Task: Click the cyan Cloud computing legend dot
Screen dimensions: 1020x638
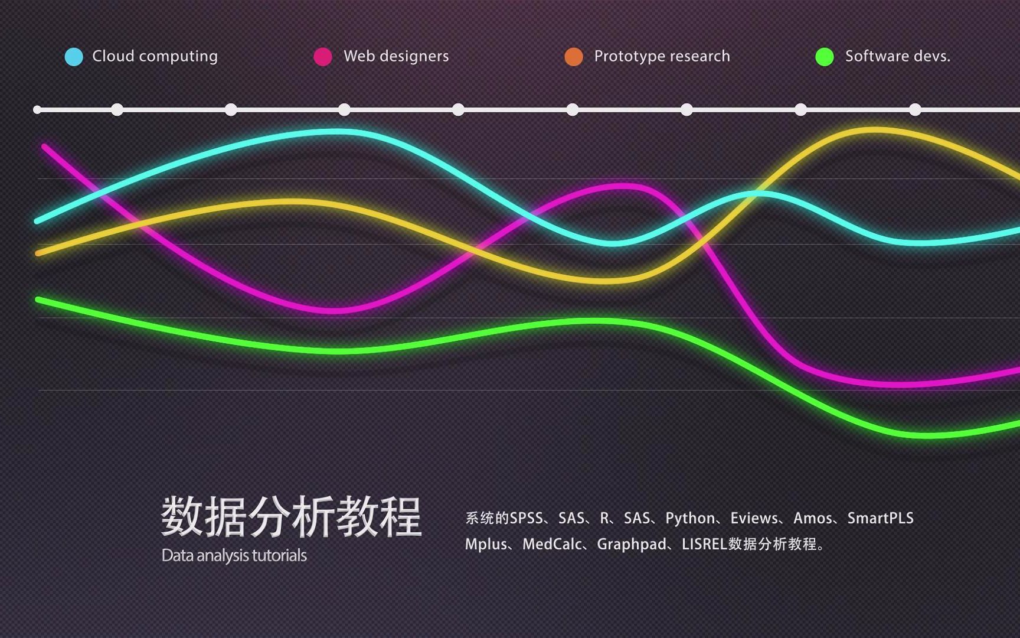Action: (74, 57)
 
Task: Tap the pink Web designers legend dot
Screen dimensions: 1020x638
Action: (323, 57)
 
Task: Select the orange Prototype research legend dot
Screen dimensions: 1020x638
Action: (574, 57)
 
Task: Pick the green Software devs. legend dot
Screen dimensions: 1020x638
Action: (825, 57)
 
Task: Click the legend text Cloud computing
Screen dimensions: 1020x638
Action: (155, 56)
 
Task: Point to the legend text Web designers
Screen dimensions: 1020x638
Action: (396, 56)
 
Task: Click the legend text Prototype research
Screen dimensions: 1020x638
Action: (662, 56)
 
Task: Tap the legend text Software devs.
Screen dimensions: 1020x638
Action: (898, 56)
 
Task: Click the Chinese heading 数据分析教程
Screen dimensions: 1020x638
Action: (292, 517)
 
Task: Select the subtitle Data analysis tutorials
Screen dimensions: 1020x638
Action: (234, 555)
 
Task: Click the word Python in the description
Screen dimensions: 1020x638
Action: (690, 518)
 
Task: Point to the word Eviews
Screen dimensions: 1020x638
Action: (754, 518)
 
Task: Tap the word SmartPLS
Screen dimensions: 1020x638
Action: (881, 518)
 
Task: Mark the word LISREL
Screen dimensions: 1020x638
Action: (704, 544)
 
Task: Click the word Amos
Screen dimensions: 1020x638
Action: (813, 518)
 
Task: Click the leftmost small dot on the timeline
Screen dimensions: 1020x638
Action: (37, 110)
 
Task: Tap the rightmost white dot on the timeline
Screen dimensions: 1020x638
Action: (915, 110)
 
